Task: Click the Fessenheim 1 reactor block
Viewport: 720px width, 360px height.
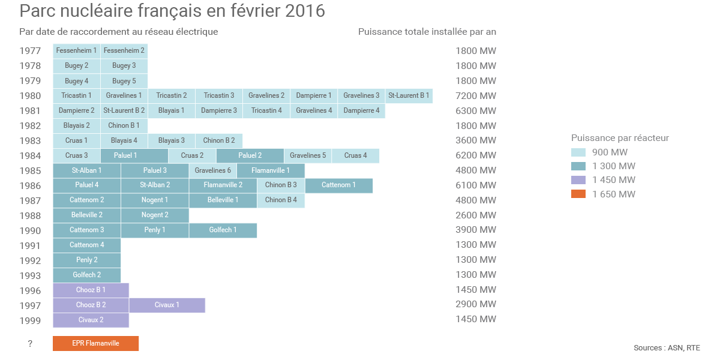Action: [76, 50]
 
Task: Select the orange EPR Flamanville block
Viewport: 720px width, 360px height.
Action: [95, 343]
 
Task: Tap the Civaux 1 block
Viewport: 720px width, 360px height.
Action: [167, 305]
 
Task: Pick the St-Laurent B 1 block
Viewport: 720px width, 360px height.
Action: [409, 95]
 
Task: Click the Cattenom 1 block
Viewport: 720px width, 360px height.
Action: [338, 185]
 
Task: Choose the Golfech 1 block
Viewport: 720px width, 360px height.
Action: [223, 230]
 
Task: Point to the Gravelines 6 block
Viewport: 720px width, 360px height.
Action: [212, 170]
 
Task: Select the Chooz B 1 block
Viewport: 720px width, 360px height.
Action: [91, 290]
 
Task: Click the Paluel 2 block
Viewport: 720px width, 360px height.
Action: [250, 155]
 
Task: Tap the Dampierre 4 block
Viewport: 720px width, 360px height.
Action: [361, 110]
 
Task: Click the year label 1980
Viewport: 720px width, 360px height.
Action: [30, 96]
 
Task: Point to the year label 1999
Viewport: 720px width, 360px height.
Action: [30, 320]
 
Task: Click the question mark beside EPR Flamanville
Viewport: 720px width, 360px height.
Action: [30, 344]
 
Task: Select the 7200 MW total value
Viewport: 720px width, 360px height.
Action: [476, 96]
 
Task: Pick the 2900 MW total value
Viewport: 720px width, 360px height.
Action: [476, 305]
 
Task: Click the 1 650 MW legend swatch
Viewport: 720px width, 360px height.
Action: [578, 194]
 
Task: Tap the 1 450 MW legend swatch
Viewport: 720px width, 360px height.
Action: [578, 180]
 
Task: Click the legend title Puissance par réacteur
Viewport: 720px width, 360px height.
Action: [620, 138]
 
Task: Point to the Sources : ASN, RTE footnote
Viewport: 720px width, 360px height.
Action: [667, 348]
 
